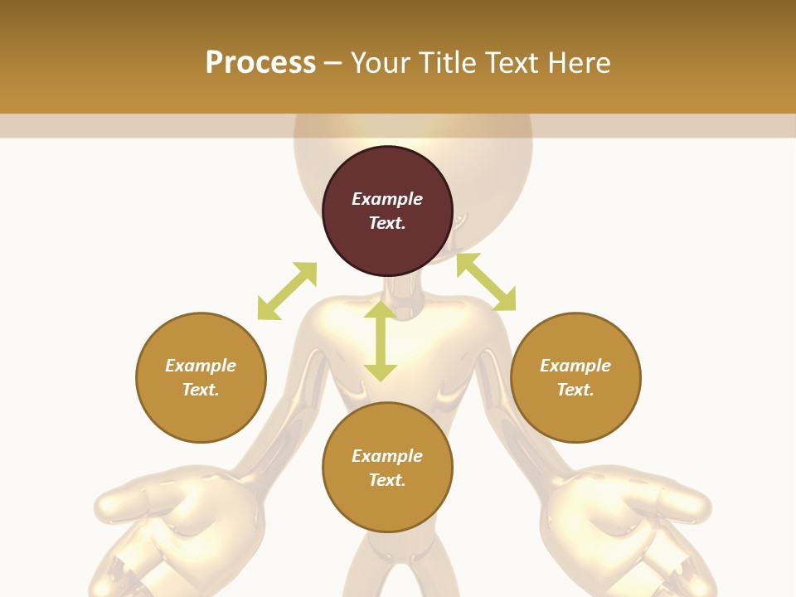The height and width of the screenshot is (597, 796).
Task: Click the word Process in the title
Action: [260, 63]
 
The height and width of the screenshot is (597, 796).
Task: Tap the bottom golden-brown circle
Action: [387, 506]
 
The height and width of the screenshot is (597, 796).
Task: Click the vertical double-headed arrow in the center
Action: [381, 341]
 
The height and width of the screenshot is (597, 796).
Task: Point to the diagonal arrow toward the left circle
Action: [287, 291]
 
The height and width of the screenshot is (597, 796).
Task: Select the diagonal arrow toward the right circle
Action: [486, 282]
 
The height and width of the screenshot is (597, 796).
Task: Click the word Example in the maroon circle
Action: [387, 199]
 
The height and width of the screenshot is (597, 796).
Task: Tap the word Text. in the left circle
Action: [201, 390]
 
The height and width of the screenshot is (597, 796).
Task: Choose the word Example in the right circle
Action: [575, 366]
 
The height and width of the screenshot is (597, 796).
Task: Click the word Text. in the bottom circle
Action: [387, 480]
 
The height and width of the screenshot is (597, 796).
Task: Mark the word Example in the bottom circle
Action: [387, 456]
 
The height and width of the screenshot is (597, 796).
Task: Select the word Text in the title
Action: [512, 63]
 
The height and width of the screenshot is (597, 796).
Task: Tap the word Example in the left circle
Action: [201, 366]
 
